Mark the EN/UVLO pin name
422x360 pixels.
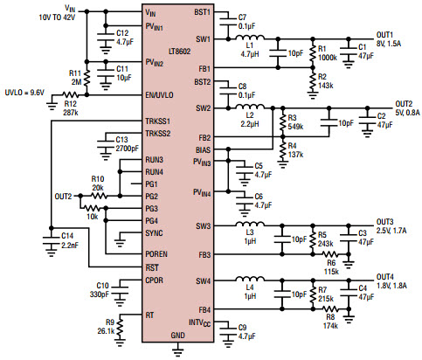click(159, 94)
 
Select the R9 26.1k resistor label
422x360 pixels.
click(105, 328)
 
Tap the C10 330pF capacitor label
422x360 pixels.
click(101, 289)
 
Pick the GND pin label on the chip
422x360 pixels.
click(177, 336)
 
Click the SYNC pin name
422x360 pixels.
click(155, 232)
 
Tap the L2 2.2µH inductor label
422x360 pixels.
click(250, 119)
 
